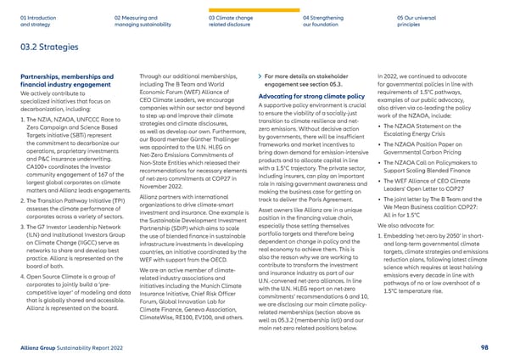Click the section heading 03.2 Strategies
point(39,48)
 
